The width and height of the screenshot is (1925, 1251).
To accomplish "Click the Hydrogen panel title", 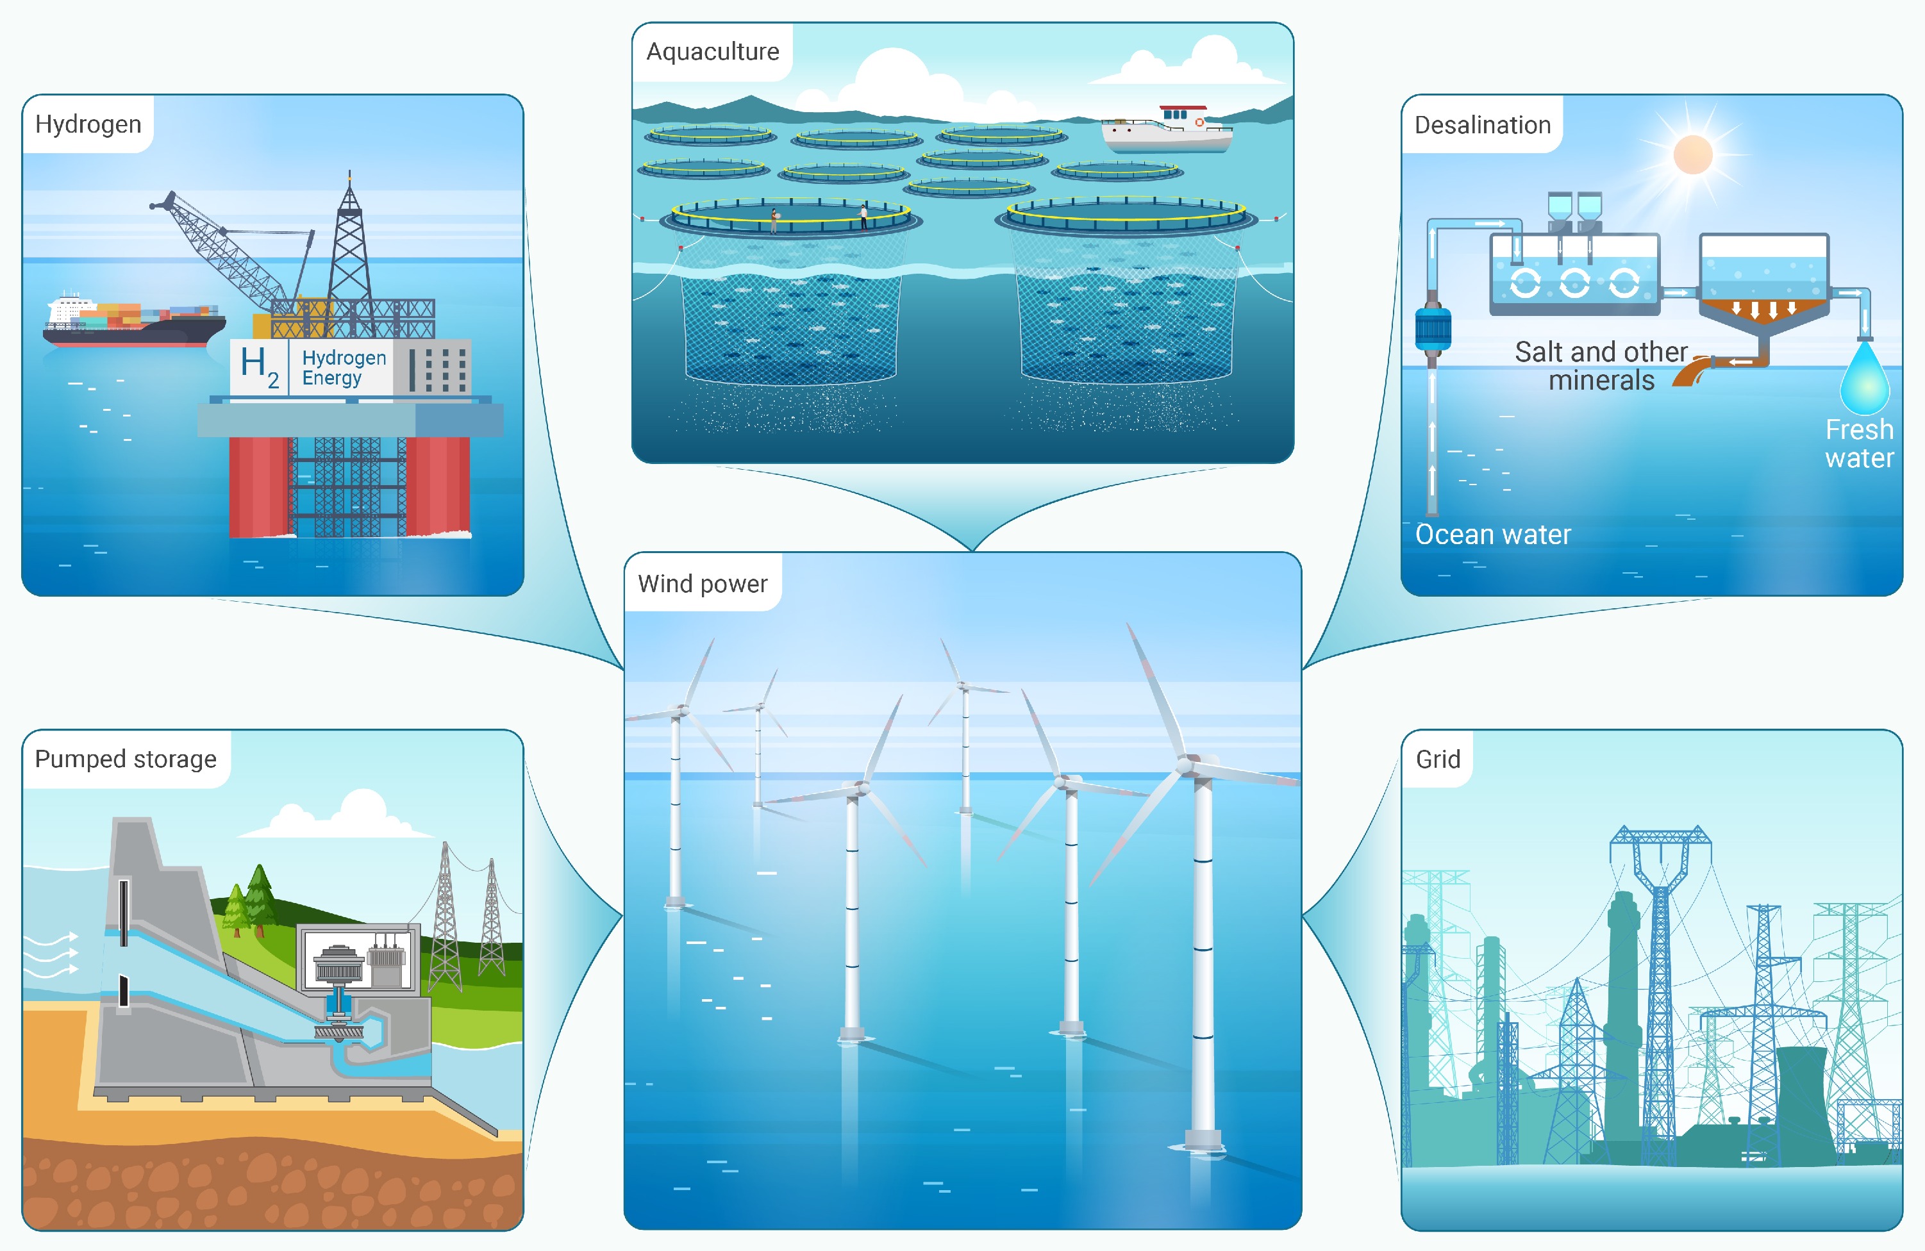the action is coord(88,124).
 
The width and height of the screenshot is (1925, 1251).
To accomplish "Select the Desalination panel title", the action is coord(1483,124).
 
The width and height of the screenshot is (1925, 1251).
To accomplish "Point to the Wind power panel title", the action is coord(702,584).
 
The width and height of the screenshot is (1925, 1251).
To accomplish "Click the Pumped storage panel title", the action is coord(126,759).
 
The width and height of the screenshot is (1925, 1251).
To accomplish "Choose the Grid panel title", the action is coord(1438,759).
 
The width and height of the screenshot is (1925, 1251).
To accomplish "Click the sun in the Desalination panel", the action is coord(1693,154).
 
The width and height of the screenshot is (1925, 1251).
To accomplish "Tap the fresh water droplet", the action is coord(1864,377).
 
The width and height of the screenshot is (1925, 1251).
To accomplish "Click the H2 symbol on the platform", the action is coord(260,367).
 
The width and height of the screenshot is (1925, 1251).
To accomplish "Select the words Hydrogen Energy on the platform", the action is coord(344,368).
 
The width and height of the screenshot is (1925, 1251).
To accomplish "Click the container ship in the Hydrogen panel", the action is coord(134,321).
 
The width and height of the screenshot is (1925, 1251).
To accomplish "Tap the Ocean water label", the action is coord(1493,534).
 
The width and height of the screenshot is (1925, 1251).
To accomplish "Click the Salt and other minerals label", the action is coord(1601,365).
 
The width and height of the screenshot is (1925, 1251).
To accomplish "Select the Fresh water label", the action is coord(1860,443).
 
